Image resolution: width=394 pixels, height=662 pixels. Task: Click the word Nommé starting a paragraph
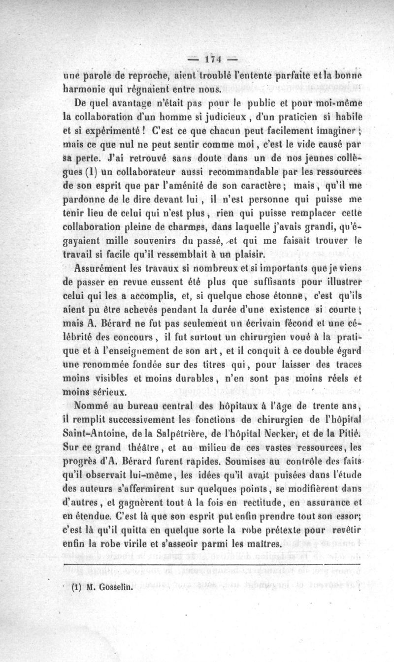coord(92,407)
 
